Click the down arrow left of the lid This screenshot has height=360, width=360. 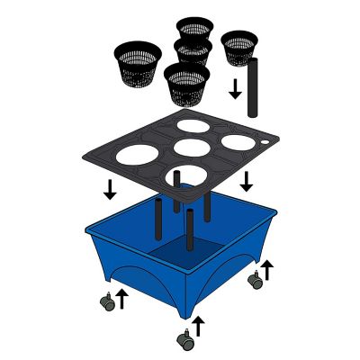pyautogui.click(x=110, y=189)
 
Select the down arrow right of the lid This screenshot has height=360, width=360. pyautogui.click(x=246, y=181)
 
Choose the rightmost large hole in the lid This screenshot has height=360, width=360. pyautogui.click(x=238, y=141)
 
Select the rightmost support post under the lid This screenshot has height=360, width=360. pyautogui.click(x=208, y=205)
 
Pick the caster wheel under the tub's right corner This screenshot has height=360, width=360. pyautogui.click(x=256, y=282)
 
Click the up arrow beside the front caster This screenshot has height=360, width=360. pyautogui.click(x=199, y=325)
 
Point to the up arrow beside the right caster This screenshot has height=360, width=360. pyautogui.click(x=267, y=269)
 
